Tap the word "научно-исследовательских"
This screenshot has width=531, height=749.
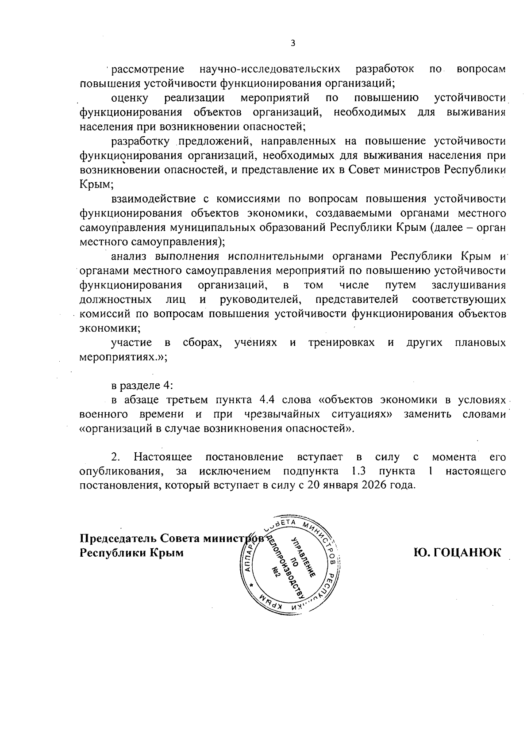click(270, 69)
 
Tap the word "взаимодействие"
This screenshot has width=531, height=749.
click(151, 199)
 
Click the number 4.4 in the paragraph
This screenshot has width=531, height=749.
click(266, 400)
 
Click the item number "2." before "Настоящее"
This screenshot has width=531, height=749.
click(116, 457)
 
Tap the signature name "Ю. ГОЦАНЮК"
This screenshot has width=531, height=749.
click(457, 553)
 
